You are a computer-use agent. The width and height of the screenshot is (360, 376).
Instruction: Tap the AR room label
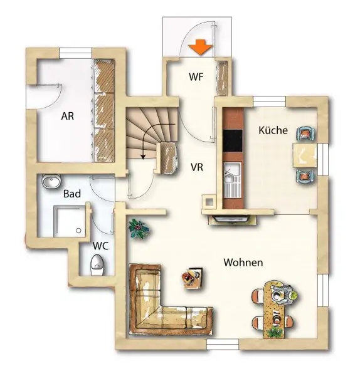point(68,116)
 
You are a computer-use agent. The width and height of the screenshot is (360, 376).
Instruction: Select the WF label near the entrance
point(196,76)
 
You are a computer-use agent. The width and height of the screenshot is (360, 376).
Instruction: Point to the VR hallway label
point(197,167)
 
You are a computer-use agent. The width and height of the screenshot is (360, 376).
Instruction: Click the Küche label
point(273,130)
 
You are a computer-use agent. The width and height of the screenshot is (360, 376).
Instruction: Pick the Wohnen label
point(243,263)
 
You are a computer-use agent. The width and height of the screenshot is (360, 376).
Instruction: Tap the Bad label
point(72,194)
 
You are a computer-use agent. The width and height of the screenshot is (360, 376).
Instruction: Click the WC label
point(100,246)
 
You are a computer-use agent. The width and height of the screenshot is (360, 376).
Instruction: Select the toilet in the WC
point(97,265)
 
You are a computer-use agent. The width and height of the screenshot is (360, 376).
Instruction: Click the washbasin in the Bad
point(51,181)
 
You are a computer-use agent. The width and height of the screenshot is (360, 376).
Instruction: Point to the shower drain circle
point(78,231)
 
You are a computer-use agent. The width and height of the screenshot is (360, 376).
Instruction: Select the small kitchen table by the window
point(305,155)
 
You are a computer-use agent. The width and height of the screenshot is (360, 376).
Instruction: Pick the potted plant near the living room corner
point(139,229)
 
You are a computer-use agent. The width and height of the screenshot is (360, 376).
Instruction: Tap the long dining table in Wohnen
point(274,310)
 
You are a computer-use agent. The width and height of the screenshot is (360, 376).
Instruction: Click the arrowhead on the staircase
point(143,157)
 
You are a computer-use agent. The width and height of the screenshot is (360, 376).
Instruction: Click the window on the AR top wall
point(76,53)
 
